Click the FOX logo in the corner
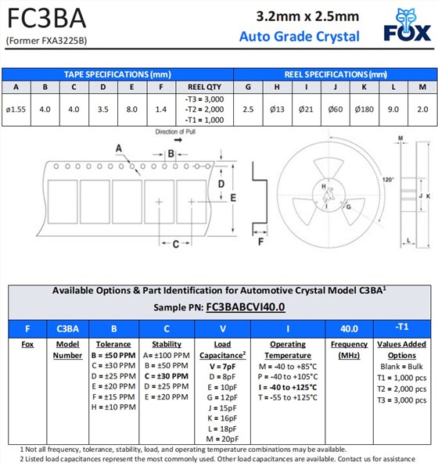click(x=407, y=26)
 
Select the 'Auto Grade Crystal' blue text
click(x=300, y=37)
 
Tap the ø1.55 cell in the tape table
click(x=16, y=109)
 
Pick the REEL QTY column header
click(x=204, y=87)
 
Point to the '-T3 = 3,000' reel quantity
click(x=204, y=100)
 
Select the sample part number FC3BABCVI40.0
click(x=245, y=307)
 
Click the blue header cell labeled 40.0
click(x=344, y=328)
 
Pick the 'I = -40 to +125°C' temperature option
click(x=288, y=386)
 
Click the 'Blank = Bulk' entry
click(x=402, y=366)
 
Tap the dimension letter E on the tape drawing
click(x=232, y=198)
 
